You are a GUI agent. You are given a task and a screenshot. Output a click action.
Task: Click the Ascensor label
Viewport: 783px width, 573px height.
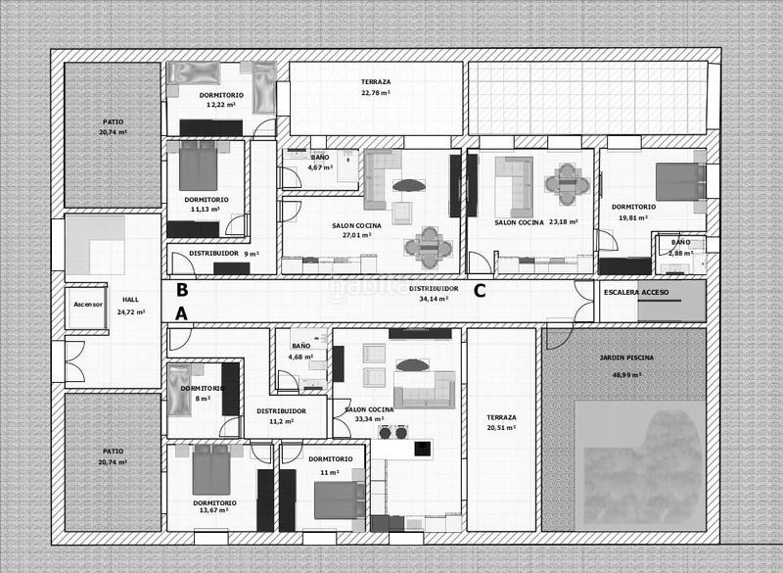pyautogui.click(x=87, y=305)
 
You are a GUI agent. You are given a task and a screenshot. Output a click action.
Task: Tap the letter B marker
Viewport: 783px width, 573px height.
pyautogui.click(x=182, y=290)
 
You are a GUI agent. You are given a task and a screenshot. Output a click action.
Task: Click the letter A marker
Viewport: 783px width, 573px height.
pyautogui.click(x=181, y=313)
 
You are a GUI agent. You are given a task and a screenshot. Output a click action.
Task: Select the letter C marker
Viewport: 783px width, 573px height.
pyautogui.click(x=480, y=290)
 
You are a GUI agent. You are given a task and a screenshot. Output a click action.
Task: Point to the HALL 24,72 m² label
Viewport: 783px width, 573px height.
pyautogui.click(x=130, y=306)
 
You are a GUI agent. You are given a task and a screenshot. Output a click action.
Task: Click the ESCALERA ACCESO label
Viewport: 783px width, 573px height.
pyautogui.click(x=636, y=293)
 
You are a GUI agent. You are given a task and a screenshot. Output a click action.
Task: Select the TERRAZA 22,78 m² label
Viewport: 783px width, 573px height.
pyautogui.click(x=376, y=87)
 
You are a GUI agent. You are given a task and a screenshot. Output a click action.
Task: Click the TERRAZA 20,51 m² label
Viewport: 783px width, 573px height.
pyautogui.click(x=501, y=422)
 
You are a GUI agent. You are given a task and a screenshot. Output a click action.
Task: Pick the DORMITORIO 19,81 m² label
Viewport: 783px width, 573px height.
pyautogui.click(x=633, y=213)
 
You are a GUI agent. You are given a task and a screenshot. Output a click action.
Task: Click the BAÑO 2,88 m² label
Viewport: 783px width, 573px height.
pyautogui.click(x=680, y=247)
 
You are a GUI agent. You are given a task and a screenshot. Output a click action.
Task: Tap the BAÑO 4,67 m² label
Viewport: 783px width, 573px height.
pyautogui.click(x=320, y=163)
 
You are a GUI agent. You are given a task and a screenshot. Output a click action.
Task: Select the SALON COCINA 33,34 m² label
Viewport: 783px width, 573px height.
pyautogui.click(x=368, y=414)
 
